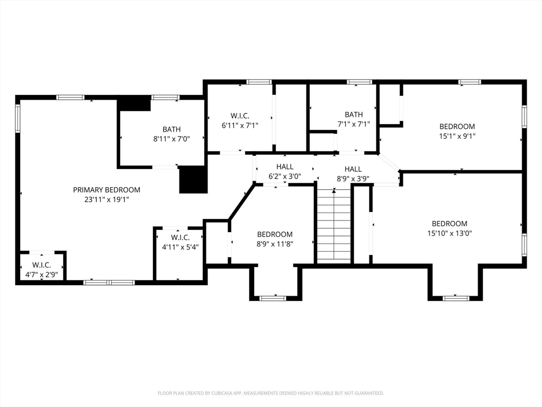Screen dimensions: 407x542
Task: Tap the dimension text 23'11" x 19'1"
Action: coord(106,200)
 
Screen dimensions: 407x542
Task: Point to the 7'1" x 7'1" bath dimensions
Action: coord(354,124)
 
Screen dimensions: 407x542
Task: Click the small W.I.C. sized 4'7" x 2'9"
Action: coord(41,269)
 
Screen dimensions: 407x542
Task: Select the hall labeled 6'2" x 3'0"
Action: coord(284,172)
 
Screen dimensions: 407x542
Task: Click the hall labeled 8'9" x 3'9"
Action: coord(353,174)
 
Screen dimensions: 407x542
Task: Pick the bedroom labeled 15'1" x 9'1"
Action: coord(457,131)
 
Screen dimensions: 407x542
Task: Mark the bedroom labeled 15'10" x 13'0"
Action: coord(449,228)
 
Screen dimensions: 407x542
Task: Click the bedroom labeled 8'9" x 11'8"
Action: coord(275,239)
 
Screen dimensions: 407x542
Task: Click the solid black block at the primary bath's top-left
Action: coord(134,103)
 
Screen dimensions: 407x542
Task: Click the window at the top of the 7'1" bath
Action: coord(359,82)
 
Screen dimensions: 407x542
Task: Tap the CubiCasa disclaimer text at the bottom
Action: coord(270,393)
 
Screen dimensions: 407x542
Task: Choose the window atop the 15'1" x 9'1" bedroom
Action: coord(469,82)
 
